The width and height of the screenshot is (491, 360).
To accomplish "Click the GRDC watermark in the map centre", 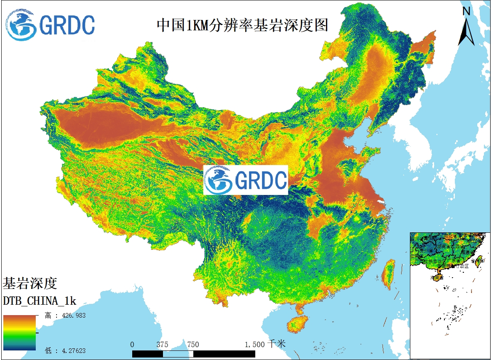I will click(246, 180).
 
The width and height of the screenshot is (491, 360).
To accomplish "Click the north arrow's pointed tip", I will click(466, 19).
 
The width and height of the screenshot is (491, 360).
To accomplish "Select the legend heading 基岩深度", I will click(30, 284).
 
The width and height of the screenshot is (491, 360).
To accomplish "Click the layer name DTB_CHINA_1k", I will click(39, 301).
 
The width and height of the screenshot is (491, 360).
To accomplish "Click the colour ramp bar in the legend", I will click(20, 333).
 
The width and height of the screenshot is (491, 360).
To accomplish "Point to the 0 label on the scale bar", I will click(132, 345).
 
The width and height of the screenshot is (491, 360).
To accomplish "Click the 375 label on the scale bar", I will click(162, 345).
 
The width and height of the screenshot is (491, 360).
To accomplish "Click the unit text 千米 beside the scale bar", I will click(277, 344).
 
